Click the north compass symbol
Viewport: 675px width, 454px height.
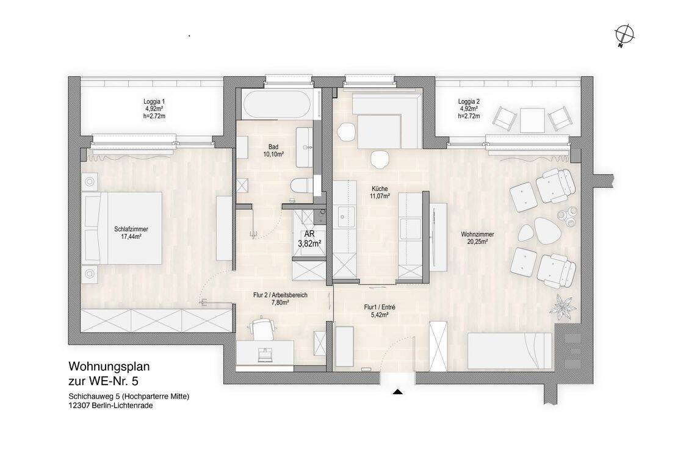click(x=625, y=34)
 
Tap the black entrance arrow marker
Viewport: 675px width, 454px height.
click(x=398, y=392)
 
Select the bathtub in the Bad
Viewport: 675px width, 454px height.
click(x=276, y=104)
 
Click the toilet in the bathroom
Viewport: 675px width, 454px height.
click(x=301, y=186)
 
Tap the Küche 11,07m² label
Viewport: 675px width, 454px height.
click(x=380, y=192)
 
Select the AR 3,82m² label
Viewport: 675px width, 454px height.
click(x=309, y=239)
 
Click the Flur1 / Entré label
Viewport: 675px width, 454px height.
click(x=380, y=308)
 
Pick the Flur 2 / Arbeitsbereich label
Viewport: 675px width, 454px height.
click(x=280, y=295)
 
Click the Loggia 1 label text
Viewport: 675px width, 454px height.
click(x=154, y=101)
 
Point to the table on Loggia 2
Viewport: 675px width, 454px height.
click(x=533, y=120)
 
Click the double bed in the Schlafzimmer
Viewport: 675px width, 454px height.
click(x=123, y=228)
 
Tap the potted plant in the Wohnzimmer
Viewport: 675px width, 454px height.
click(x=563, y=306)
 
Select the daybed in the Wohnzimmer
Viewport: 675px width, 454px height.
click(x=510, y=351)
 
